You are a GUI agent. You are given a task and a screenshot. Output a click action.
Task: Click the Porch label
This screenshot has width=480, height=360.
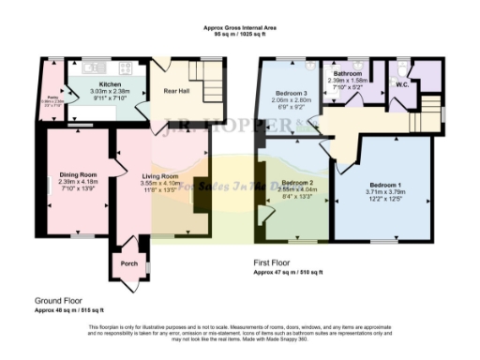[129, 263]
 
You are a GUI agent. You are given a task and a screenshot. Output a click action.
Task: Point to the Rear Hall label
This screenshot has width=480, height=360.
[177, 92]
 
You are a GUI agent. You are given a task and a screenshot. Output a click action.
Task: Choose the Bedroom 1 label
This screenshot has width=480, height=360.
[383, 185]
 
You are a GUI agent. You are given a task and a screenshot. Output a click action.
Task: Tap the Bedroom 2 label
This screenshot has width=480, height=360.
[295, 182]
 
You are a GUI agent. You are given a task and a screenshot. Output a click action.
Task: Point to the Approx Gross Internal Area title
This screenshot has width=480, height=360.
[239, 29]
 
